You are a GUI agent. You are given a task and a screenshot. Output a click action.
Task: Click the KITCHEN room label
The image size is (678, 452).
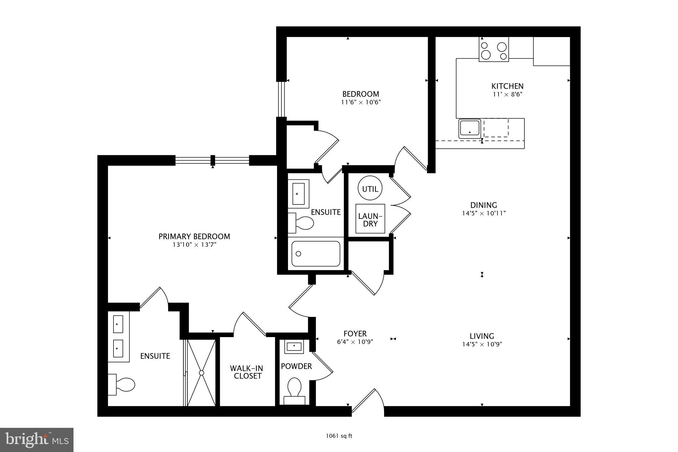(507, 86)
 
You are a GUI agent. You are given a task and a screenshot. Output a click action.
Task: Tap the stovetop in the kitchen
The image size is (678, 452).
(494, 49)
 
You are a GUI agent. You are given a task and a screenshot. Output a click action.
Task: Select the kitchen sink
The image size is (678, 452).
(469, 128)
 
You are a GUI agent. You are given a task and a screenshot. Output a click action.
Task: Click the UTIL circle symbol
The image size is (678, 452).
(370, 189)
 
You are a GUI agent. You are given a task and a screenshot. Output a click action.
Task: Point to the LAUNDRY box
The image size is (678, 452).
(370, 219)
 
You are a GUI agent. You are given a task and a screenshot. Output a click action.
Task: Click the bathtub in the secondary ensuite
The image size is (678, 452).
(315, 254)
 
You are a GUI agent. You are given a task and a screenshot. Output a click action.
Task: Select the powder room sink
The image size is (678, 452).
(294, 346)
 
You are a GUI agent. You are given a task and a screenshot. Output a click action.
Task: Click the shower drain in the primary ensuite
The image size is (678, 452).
(201, 373)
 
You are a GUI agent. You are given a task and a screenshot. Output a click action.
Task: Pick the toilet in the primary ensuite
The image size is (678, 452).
(122, 384)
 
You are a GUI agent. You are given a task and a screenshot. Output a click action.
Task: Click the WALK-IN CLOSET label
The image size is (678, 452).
(246, 372)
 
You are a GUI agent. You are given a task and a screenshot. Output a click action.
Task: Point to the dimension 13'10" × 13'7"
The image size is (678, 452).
(194, 245)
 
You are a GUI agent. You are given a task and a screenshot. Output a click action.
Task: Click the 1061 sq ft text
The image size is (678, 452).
(339, 436)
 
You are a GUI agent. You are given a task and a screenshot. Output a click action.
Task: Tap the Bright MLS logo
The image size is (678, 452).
(37, 440)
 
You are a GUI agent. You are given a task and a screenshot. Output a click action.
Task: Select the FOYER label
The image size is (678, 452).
(355, 333)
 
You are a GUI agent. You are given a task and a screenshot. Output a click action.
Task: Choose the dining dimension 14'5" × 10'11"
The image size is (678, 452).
(484, 213)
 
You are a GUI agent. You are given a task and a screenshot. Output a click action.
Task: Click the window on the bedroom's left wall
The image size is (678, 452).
(281, 99)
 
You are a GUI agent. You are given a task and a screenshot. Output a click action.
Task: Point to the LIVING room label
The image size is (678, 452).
(482, 336)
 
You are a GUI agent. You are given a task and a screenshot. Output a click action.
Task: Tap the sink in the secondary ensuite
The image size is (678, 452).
(298, 194)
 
